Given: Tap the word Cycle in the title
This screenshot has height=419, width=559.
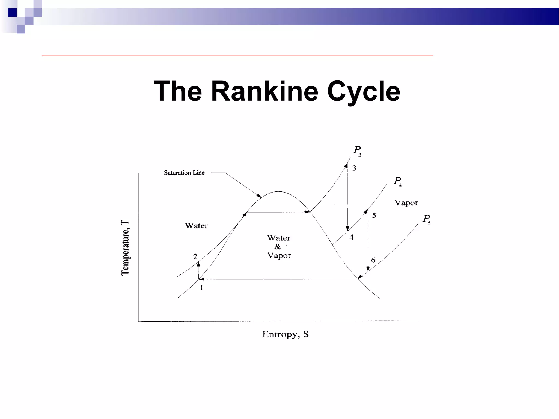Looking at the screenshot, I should tap(364, 92).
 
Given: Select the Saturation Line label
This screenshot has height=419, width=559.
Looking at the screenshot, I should tap(184, 173).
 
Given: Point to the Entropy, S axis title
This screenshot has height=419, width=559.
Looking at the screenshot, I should tap(285, 334).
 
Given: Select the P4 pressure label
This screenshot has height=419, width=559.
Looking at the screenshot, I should tap(398, 182).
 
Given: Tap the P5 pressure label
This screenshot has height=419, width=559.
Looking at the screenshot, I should tap(427, 220).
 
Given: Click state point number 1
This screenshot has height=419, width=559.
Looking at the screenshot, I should tap(201, 288).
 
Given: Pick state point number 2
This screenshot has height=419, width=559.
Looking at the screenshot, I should tap(195, 256).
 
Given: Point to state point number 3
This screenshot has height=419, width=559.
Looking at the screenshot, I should tap(354, 168).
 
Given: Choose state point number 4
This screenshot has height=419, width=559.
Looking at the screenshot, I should tap(352, 237).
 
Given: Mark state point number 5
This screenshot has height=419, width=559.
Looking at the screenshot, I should tap(374, 215).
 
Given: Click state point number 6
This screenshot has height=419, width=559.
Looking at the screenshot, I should tap(373, 260).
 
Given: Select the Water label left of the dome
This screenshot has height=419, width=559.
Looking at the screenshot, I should tap(196, 226).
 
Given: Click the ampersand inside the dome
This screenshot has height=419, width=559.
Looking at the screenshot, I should tap(278, 247).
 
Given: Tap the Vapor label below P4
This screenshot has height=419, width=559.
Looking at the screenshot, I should tap(406, 203).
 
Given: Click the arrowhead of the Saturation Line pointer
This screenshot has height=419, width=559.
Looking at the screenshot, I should tap(259, 196).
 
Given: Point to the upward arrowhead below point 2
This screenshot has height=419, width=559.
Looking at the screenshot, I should tap(198, 264).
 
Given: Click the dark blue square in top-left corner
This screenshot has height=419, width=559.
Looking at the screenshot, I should tap(12, 13).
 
